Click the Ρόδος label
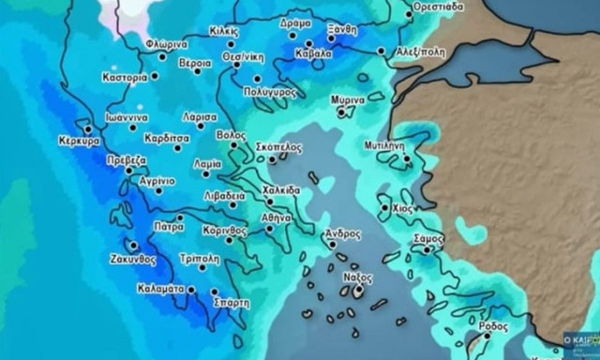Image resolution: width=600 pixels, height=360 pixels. coord(493,325)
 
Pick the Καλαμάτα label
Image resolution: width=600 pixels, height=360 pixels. coord(162,289)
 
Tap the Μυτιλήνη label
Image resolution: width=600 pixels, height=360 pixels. coord(383,145)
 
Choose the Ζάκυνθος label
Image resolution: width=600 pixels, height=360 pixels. coord(131,259)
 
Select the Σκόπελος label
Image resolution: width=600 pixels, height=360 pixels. coord(278,147)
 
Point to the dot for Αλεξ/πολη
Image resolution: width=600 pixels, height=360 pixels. coord(381,51)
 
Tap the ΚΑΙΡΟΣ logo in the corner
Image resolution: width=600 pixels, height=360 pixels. coord(580,342)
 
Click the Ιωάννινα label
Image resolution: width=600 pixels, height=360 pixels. coord(126,119)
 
